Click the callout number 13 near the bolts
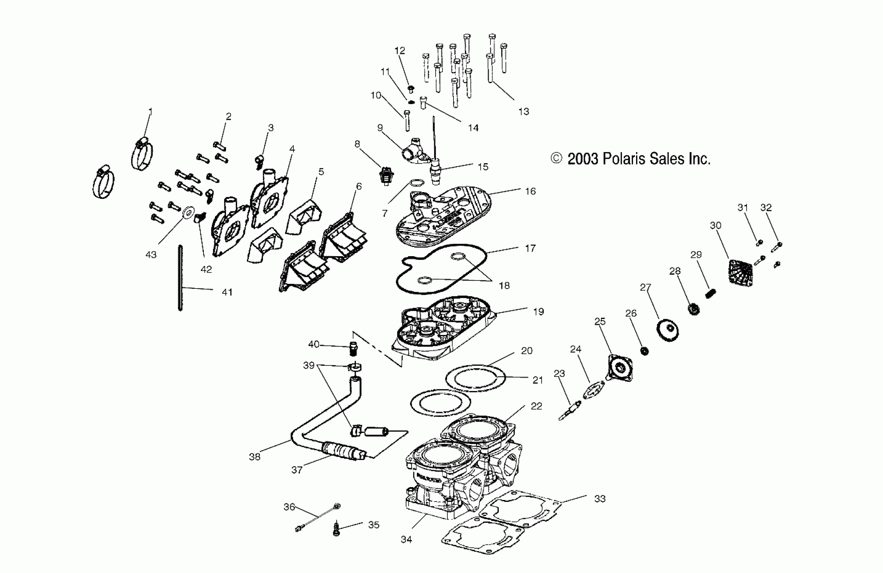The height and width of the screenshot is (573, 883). point(524,111)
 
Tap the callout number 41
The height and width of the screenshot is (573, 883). point(227,293)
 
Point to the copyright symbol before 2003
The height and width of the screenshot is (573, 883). point(556,158)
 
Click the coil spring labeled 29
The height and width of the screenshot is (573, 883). point(710,293)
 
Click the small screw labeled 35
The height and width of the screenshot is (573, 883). point(337,529)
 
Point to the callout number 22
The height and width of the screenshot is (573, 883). point(536,406)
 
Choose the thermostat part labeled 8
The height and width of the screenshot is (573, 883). point(386,176)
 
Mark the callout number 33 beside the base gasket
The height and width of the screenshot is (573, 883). point(600,499)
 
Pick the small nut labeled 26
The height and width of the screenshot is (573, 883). point(644,351)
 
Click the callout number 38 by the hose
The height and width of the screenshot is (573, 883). point(254,457)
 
